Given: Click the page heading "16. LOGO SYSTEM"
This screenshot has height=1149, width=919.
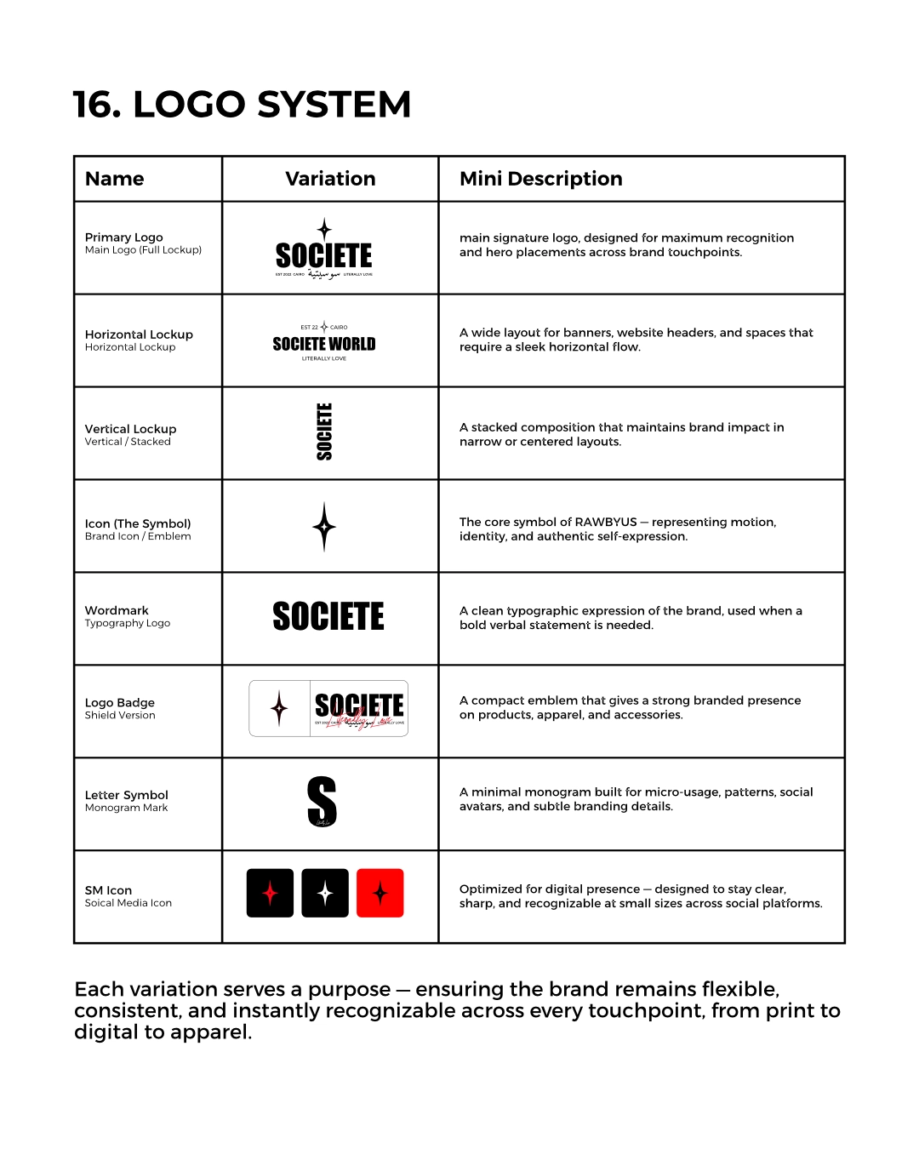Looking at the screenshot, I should [x=242, y=105].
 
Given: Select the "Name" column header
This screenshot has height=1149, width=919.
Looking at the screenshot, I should [x=114, y=179].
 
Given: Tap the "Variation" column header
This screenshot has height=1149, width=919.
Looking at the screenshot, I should [x=330, y=179].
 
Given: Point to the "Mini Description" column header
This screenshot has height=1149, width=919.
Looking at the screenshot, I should [x=540, y=179].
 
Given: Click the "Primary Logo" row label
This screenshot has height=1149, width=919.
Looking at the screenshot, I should [x=123, y=237].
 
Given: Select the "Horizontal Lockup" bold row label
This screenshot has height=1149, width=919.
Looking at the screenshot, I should [x=139, y=334].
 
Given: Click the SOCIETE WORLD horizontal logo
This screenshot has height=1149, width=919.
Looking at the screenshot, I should [x=324, y=344].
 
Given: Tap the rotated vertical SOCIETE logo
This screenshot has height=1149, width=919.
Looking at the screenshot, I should [x=324, y=432].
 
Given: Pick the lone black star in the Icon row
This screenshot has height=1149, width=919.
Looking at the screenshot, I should [x=324, y=527].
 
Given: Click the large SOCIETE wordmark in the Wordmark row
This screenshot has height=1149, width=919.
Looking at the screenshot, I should [x=328, y=616].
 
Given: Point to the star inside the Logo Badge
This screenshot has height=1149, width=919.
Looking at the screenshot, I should [x=279, y=708].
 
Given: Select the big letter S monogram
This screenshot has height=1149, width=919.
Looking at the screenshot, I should [x=322, y=802].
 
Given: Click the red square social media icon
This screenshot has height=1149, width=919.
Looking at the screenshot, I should [x=380, y=893].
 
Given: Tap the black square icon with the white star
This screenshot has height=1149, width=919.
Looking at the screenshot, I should [x=325, y=893].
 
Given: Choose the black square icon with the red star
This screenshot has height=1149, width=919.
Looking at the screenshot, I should [x=270, y=893].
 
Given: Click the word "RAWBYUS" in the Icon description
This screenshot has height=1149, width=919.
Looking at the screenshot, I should [x=605, y=522].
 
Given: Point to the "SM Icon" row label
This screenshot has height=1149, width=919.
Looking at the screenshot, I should [x=108, y=890].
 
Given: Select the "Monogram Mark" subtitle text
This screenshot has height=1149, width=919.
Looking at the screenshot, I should [x=126, y=808].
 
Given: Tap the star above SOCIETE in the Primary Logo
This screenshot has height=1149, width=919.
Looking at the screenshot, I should [x=324, y=228].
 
